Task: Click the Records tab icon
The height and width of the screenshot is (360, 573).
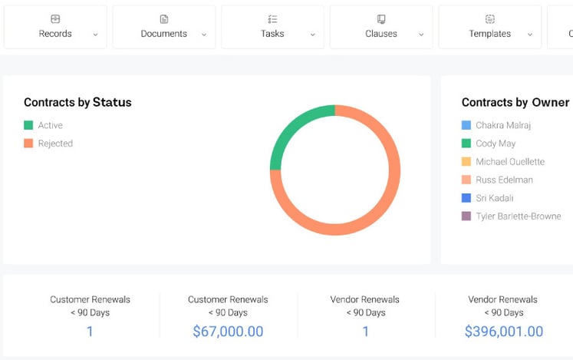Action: pos(55,19)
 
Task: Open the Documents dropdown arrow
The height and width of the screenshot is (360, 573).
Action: pos(204,35)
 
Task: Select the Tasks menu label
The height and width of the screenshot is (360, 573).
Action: pos(272,34)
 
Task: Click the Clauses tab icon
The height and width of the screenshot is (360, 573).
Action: pos(381,19)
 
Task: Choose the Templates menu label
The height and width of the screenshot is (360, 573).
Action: pos(489,34)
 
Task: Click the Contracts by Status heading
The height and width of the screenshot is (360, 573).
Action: pos(77,102)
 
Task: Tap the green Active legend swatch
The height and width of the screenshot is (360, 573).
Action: pos(28,125)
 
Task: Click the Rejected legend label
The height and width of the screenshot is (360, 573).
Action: pos(55,144)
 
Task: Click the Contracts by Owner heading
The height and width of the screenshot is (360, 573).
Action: pos(515,102)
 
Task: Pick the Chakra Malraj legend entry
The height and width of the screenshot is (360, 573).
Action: pos(502,125)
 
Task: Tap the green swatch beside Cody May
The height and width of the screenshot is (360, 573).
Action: pos(466,144)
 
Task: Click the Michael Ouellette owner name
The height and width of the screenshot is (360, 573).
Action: pos(510,162)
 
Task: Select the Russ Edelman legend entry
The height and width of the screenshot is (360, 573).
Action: pos(504,180)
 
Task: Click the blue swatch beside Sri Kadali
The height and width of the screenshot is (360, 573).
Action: pos(466,198)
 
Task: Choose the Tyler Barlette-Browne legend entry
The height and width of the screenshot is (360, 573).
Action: pos(518,216)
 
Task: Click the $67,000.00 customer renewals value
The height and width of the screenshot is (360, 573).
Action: pos(228,332)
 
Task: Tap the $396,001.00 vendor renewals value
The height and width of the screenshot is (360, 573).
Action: pos(504,332)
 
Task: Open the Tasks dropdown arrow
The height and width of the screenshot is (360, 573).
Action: pos(313,35)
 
